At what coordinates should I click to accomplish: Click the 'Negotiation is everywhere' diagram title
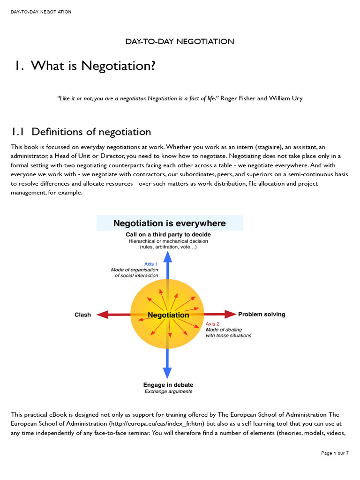[x=169, y=223]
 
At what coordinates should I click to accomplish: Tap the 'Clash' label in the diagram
[x=82, y=315]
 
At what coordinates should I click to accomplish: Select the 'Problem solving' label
[x=262, y=314]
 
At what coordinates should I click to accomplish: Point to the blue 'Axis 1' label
[x=151, y=264]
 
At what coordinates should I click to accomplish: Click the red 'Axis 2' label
[x=212, y=324]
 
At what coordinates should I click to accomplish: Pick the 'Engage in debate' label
[x=168, y=385]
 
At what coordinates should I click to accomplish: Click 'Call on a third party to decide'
[x=168, y=234]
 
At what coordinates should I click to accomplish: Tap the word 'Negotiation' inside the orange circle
[x=168, y=315]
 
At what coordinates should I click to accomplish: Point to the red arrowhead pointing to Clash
[x=101, y=315]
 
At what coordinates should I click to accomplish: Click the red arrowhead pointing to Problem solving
[x=231, y=314]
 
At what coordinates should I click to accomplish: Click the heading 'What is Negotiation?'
[x=93, y=66]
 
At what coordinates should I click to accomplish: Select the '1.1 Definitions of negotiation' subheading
[x=81, y=132]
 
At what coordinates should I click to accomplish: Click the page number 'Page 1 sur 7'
[x=335, y=453]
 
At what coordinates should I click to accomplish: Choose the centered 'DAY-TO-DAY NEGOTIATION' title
[x=180, y=41]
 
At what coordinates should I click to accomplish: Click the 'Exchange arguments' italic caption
[x=168, y=391]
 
